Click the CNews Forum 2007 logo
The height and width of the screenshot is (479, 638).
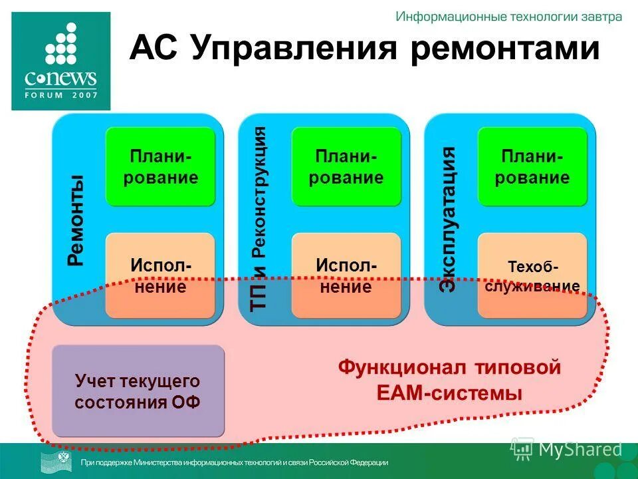61,61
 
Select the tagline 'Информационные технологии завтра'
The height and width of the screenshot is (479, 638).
509,17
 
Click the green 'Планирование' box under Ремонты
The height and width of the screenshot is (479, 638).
160,167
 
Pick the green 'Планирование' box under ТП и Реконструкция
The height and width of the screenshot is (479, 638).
346,167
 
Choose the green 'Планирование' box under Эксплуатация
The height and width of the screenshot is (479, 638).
532,167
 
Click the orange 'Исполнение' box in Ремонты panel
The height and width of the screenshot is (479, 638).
160,275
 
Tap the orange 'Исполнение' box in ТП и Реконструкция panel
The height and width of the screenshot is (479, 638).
346,275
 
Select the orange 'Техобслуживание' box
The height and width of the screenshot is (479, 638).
532,275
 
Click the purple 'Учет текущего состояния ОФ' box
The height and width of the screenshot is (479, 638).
138,391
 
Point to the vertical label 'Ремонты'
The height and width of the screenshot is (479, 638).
76,220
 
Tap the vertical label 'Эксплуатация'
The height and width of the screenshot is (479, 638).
449,220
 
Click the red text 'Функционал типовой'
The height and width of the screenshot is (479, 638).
449,367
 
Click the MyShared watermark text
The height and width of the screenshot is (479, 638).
580,449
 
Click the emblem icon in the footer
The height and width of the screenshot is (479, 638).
58,461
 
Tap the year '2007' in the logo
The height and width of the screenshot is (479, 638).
85,94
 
